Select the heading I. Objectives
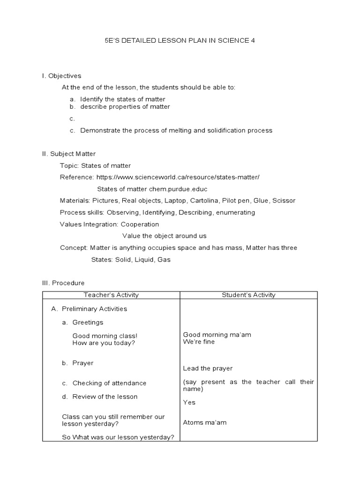(61, 76)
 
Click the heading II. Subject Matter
(69, 154)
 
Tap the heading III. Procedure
(63, 283)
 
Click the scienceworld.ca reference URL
(178, 177)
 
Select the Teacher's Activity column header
(111, 295)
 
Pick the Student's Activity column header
(248, 295)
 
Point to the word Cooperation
(140, 224)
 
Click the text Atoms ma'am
(205, 422)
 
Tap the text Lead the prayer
(208, 368)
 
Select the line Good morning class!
(105, 336)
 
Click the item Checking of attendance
(109, 383)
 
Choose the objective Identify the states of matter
(123, 99)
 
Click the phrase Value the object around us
(164, 236)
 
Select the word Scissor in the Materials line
(284, 201)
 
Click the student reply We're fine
(199, 342)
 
